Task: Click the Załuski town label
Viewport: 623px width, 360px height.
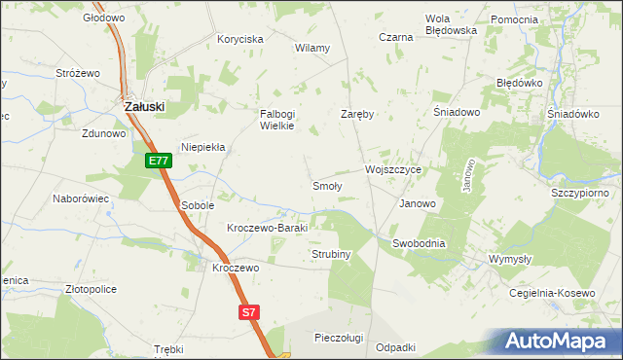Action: point(144,107)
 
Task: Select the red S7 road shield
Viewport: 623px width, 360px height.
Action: point(250,312)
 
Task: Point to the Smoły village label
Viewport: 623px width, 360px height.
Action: point(326,186)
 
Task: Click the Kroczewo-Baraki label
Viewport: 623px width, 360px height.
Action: point(267,228)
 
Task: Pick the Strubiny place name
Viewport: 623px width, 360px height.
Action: point(331,254)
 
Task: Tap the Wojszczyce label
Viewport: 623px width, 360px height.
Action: point(392,169)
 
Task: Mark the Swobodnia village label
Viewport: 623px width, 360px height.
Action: point(419,243)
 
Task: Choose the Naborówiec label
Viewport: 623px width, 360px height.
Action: point(80,198)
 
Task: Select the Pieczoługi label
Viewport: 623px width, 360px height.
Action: point(339,338)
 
